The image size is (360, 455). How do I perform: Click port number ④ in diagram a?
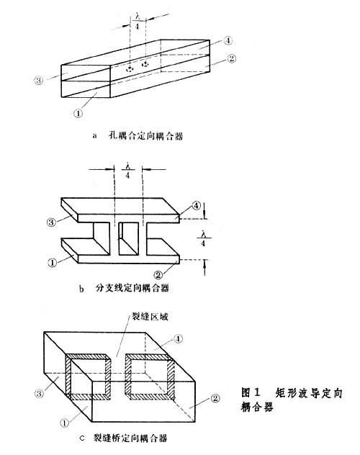click(228, 40)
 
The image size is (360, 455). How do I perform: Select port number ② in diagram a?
click(231, 58)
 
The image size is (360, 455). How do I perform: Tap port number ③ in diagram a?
click(39, 80)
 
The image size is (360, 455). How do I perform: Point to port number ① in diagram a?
click(78, 113)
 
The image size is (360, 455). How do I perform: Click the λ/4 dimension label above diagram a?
click(138, 21)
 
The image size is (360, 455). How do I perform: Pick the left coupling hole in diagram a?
click(130, 69)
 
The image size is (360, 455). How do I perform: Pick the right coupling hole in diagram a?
click(145, 63)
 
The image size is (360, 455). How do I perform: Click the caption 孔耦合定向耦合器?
click(145, 136)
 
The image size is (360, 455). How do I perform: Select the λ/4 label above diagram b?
click(127, 171)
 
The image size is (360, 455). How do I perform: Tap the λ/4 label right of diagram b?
click(203, 238)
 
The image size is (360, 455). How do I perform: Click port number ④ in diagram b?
click(196, 206)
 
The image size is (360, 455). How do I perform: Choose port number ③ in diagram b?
click(51, 222)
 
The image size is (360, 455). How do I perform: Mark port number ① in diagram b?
click(53, 263)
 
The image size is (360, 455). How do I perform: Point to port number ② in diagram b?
click(158, 274)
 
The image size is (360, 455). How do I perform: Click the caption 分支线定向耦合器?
click(132, 288)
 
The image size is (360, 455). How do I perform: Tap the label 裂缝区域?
click(150, 317)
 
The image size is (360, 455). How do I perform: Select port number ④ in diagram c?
click(178, 338)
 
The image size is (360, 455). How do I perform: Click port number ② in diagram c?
click(215, 398)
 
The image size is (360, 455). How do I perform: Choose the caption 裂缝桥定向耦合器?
click(130, 438)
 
